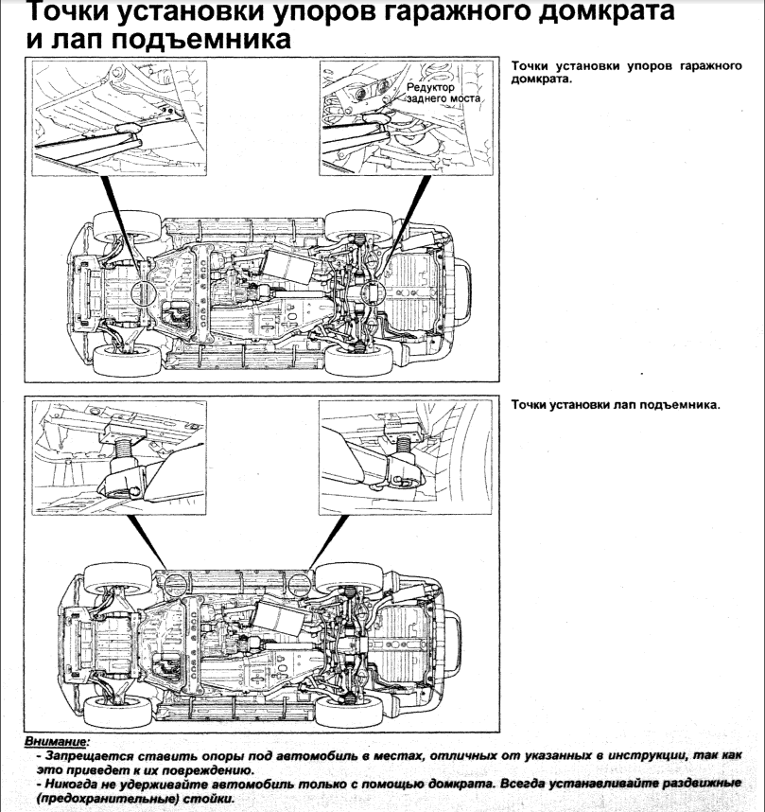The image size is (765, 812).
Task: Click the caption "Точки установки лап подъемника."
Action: pos(615,405)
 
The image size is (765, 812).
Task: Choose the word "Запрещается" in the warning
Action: pos(78,758)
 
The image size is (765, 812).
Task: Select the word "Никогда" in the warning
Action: pos(62,786)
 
